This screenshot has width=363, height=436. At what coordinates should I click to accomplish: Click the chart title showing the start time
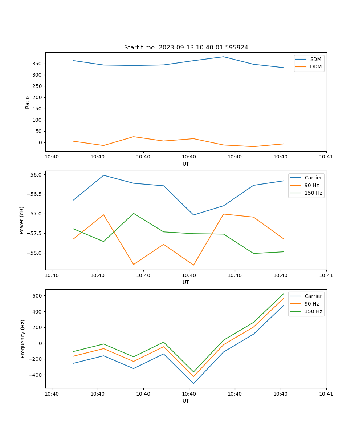click(x=186, y=48)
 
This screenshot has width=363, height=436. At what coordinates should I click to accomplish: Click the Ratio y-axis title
click(x=28, y=102)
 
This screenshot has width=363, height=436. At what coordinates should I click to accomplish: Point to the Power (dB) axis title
click(x=22, y=220)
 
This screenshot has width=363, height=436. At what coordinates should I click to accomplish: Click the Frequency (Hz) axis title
click(x=23, y=339)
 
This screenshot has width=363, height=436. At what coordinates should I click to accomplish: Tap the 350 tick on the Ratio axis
click(x=37, y=64)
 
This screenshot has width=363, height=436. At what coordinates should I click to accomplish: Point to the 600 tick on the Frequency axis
click(x=37, y=296)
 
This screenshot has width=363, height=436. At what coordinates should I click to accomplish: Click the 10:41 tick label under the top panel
click(x=326, y=157)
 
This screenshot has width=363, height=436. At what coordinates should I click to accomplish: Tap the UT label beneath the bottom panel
click(x=186, y=401)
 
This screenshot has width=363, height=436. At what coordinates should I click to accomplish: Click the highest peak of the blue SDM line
click(x=223, y=57)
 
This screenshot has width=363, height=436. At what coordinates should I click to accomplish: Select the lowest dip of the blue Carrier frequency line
click(x=193, y=383)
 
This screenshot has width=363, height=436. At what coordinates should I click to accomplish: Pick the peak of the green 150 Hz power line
click(x=134, y=213)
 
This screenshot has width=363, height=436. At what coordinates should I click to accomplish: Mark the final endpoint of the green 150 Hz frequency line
click(x=284, y=294)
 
